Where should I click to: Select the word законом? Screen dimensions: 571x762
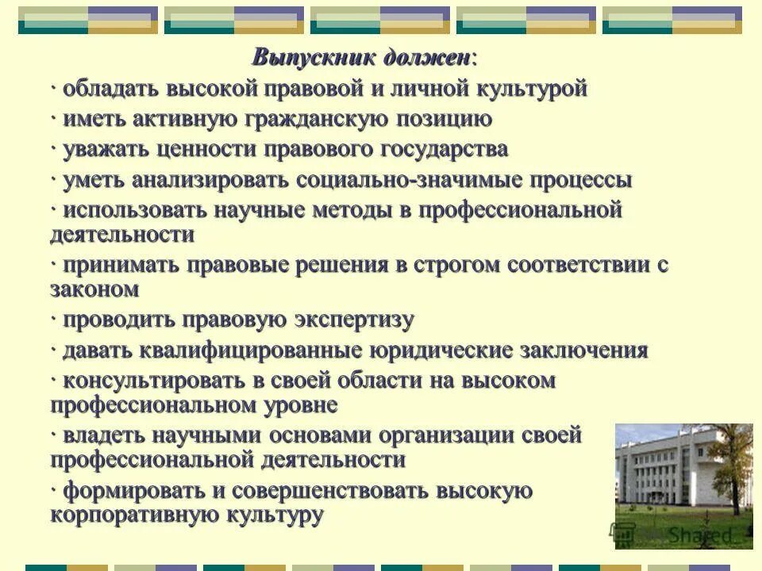[x=94, y=289]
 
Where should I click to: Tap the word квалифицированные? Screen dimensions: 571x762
[x=253, y=351]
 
